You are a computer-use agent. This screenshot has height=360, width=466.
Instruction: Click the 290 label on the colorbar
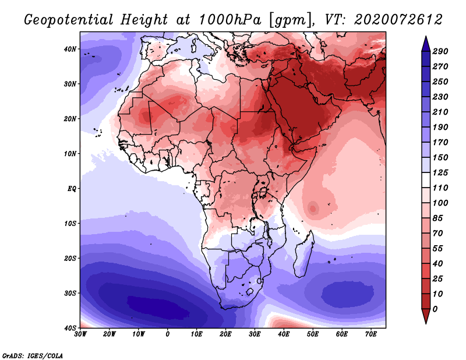coord(440,52)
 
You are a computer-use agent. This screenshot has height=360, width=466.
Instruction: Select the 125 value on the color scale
coord(440,174)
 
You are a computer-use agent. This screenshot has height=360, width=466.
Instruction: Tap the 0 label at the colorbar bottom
coord(435,308)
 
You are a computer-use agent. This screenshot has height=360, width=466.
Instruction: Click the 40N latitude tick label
coord(70,49)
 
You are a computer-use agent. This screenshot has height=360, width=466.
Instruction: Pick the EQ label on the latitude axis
coord(72,189)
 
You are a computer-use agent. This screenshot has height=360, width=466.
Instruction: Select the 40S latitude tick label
coord(70,328)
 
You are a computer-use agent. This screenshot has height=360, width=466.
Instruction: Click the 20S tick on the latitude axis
coord(70,258)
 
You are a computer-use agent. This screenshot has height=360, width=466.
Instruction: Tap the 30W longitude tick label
coord(80,335)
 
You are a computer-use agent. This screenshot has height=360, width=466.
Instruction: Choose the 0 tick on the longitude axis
coord(168,335)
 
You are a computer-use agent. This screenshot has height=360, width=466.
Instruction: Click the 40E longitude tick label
coord(284,335)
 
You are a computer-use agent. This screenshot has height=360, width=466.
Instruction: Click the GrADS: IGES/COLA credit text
coord(33,355)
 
